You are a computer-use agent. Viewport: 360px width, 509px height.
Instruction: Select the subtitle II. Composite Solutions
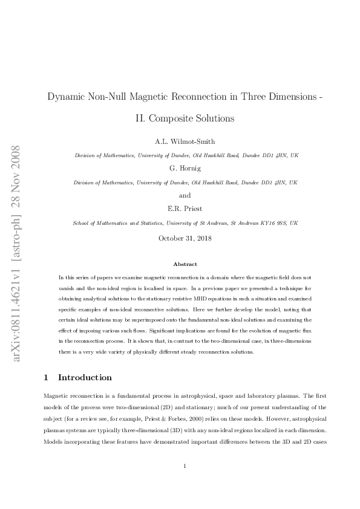[185, 118]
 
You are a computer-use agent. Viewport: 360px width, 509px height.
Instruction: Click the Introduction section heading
[85, 378]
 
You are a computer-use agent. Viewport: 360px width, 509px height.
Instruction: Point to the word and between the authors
[185, 196]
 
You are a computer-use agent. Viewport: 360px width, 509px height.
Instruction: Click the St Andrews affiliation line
[185, 223]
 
